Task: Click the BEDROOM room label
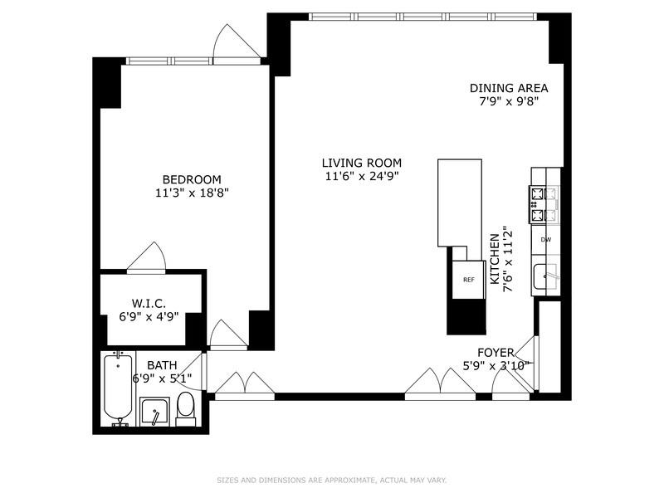pyautogui.click(x=192, y=179)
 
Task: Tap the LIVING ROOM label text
pyautogui.click(x=363, y=163)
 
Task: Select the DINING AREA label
pyautogui.click(x=509, y=88)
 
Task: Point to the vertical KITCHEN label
pyautogui.click(x=496, y=258)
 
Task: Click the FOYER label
pyautogui.click(x=496, y=352)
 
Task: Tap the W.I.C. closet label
pyautogui.click(x=150, y=302)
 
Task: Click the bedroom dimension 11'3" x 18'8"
pyautogui.click(x=192, y=193)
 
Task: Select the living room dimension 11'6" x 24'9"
pyautogui.click(x=363, y=176)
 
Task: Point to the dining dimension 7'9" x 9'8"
pyautogui.click(x=509, y=102)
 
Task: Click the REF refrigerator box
pyautogui.click(x=468, y=280)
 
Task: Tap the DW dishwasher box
pyautogui.click(x=546, y=240)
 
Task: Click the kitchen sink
pyautogui.click(x=544, y=275)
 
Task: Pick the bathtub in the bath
pyautogui.click(x=117, y=388)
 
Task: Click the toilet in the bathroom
pyautogui.click(x=186, y=408)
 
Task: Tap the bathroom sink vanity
pyautogui.click(x=154, y=411)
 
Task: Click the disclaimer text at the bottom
pyautogui.click(x=332, y=480)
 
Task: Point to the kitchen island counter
pyautogui.click(x=459, y=203)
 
